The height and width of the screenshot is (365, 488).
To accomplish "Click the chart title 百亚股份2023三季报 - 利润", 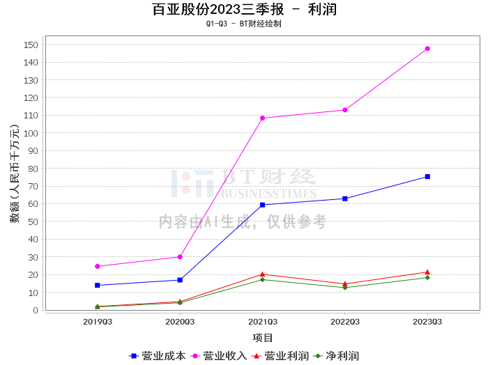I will pos(244,10).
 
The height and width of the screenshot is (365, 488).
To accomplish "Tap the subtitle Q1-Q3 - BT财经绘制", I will pos(244,24).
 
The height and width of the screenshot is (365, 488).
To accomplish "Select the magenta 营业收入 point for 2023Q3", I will pos(427,49).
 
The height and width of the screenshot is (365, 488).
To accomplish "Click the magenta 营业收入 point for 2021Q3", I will pos(262,118).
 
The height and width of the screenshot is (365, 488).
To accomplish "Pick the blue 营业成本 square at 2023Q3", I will pos(427,177).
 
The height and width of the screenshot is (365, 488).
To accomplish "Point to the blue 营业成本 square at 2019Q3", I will pos(98,286).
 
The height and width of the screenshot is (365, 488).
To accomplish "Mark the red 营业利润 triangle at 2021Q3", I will pos(262,274).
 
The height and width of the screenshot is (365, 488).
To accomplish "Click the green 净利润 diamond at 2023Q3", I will pos(427,278).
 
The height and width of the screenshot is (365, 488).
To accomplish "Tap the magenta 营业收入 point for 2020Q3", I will pos(180,257).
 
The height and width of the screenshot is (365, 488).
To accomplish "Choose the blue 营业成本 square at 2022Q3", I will pos(345,199).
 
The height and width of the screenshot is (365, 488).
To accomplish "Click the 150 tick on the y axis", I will pos(31,45).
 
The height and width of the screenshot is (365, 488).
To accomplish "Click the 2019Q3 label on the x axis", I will pos(98,322).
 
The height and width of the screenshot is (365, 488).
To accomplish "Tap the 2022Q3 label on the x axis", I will pos(345,322).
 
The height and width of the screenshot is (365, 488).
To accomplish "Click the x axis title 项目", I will pos(263,338).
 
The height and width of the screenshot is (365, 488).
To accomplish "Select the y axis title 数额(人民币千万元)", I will pos(15,174).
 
